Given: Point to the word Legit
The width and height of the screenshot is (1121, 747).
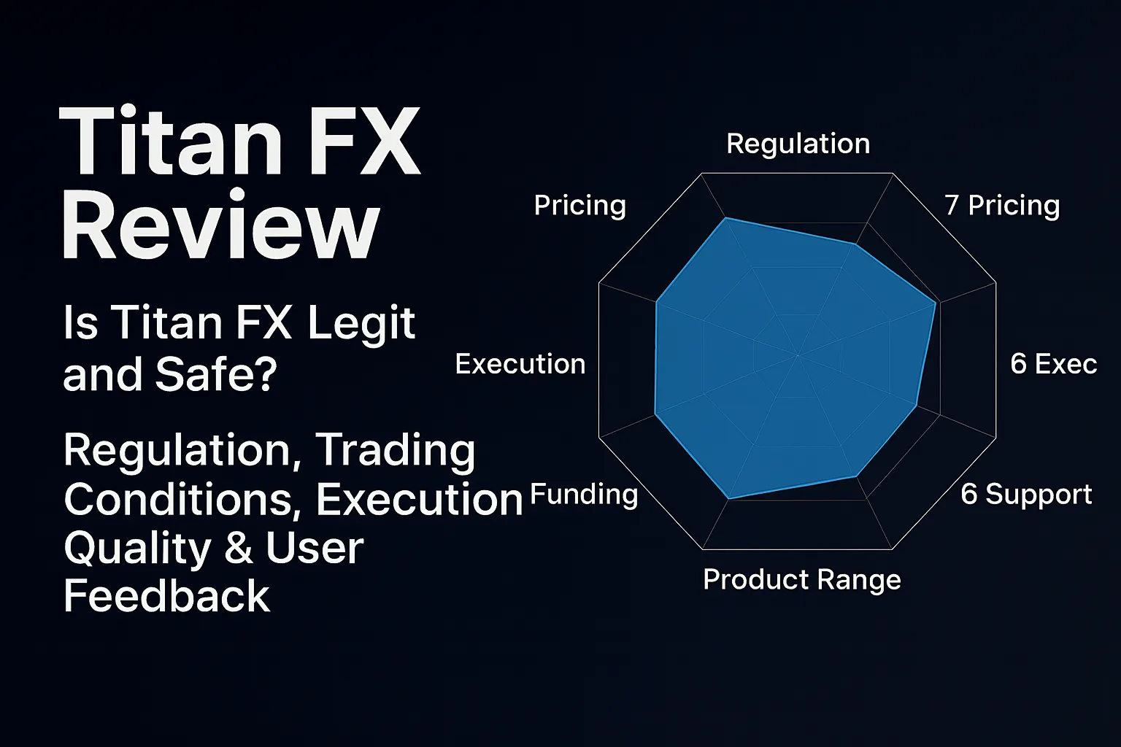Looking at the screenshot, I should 361,323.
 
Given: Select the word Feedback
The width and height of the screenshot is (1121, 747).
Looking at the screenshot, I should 167,596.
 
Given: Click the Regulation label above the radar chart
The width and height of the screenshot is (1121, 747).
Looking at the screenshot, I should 798,144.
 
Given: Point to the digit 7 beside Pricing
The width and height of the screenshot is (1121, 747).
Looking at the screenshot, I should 951,205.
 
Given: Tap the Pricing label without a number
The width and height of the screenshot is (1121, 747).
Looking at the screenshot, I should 579,205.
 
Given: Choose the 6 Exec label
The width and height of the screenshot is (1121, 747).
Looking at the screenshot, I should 1053,363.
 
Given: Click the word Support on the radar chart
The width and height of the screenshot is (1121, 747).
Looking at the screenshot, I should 1039,494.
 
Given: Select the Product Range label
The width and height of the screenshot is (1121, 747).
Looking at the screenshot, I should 801,579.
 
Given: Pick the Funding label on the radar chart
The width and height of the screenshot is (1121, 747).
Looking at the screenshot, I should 584,495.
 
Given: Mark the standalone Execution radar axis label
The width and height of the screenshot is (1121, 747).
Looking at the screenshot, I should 520,363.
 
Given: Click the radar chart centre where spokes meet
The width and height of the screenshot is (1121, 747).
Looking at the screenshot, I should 798,356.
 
